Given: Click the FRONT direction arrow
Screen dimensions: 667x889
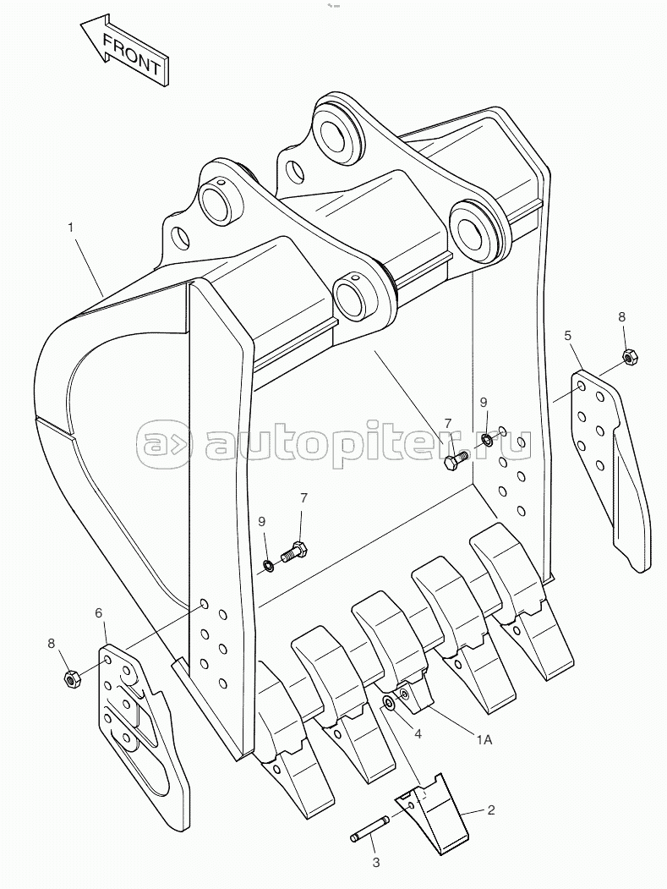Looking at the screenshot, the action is point(124,51).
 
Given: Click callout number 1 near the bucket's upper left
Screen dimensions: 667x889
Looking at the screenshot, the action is point(71,228).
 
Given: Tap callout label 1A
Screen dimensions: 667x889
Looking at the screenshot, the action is point(484,739).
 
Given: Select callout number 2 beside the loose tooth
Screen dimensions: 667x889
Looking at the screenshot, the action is point(491,811).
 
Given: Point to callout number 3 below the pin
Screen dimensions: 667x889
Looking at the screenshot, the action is point(375,864).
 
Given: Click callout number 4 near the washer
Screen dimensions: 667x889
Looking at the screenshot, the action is point(418,733).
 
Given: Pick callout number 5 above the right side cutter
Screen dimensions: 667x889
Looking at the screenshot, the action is point(568,336).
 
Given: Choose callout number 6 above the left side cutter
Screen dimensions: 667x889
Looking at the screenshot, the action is point(99,613).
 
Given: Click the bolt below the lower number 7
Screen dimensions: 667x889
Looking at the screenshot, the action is point(295,552).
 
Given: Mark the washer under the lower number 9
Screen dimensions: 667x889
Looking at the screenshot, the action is point(269,565).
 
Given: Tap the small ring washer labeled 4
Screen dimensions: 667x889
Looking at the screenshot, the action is point(388,704).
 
